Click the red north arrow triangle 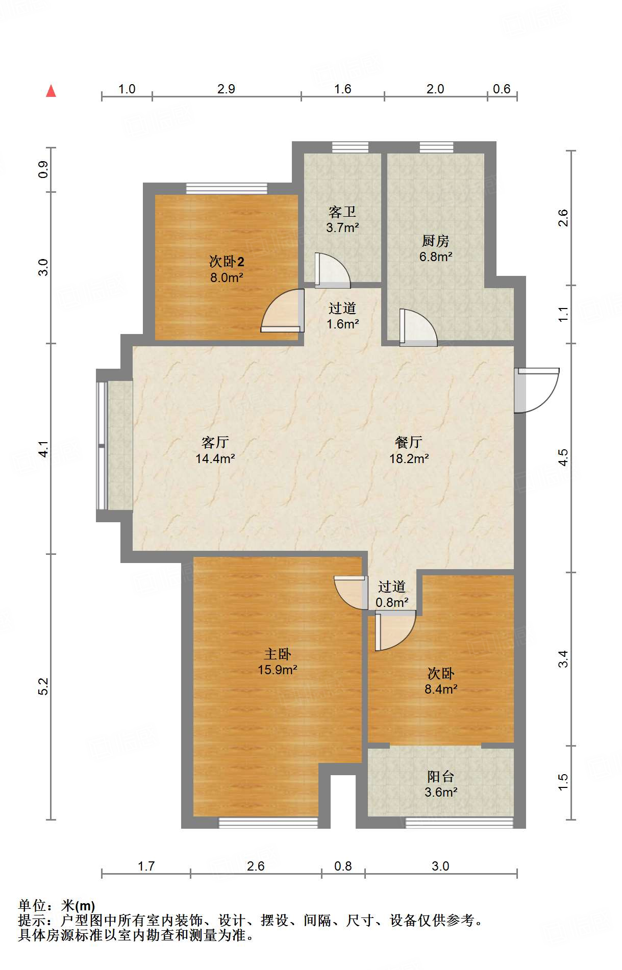51,91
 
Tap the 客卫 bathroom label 342,212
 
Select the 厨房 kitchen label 435,241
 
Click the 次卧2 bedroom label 227,262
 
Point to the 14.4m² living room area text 215,458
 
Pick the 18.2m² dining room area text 409,458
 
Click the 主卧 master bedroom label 277,654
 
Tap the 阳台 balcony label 440,776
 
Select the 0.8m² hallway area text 392,602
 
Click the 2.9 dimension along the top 226,89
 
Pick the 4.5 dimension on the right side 563,457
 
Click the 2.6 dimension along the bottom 256,866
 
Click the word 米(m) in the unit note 78,905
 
